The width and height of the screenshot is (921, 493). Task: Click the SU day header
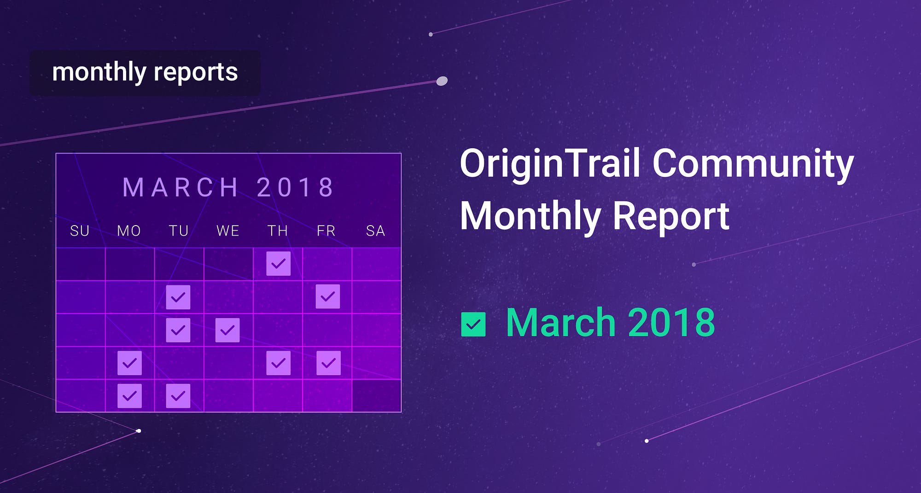pos(80,231)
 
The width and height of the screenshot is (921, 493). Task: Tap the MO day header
pos(129,231)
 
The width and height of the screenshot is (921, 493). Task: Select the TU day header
pos(179,231)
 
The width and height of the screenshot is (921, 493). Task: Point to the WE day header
pos(228,231)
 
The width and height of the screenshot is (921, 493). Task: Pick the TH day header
pos(278,231)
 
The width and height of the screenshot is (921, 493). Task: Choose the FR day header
pos(326,231)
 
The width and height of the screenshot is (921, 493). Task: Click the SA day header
pos(375,231)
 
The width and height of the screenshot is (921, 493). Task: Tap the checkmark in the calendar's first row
pos(279,264)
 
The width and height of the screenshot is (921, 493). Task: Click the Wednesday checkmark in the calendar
pos(227,330)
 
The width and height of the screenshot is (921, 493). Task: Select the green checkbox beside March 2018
pos(473,325)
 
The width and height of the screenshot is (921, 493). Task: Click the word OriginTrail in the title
pos(550,164)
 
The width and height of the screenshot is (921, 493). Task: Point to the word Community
pos(753,164)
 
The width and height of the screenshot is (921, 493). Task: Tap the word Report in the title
pos(671,216)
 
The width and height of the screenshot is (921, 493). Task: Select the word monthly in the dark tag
pos(99,73)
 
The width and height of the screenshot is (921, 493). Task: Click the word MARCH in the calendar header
pos(181,187)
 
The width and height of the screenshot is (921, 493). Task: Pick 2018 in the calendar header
pos(295,187)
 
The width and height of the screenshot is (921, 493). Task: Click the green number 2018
pos(671,323)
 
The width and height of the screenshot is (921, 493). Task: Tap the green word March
pos(561,323)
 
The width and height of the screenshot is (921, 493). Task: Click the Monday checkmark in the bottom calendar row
pos(129,396)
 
